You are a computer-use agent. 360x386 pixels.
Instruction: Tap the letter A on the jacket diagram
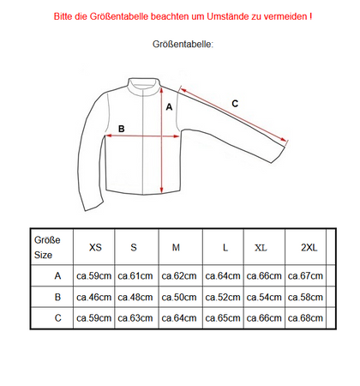pos(169,107)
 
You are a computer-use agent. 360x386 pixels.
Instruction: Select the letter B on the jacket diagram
pos(122,129)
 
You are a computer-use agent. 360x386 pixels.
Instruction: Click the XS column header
pos(95,248)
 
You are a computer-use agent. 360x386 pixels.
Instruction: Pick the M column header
pos(177,248)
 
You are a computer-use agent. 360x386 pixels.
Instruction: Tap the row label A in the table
pos(57,276)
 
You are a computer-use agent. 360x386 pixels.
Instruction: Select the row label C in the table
pos(57,317)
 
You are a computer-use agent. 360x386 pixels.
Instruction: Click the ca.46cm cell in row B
pos(94,297)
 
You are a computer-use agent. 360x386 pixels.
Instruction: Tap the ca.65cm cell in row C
pos(222,317)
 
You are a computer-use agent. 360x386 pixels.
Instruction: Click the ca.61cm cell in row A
pos(136,276)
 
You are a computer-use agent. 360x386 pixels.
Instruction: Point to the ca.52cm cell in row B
pos(222,297)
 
